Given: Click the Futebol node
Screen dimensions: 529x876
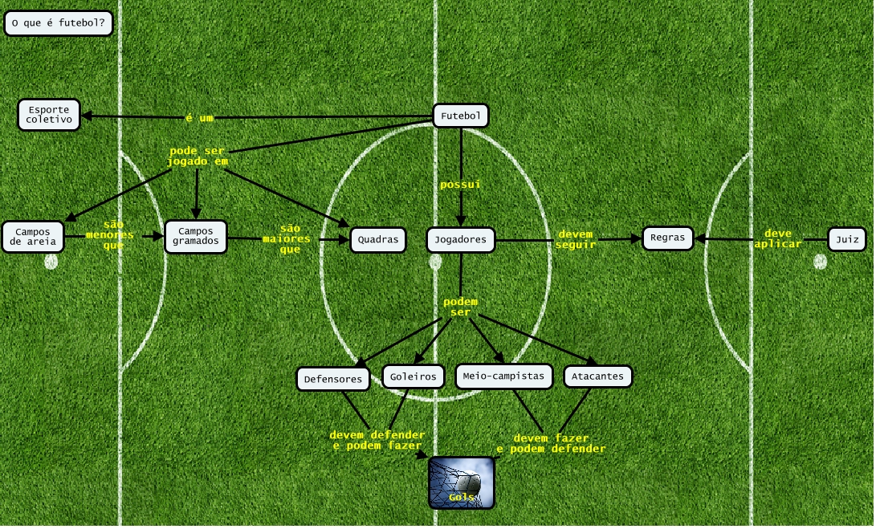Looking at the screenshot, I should click(460, 116).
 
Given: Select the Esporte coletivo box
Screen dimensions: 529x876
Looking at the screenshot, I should click(50, 115).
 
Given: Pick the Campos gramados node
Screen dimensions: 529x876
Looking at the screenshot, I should click(195, 236).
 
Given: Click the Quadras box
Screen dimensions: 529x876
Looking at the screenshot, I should click(378, 239).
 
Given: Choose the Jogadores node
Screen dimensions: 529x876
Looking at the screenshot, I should click(460, 239).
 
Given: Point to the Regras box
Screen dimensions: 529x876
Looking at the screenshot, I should click(667, 238).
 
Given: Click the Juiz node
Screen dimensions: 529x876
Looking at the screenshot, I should click(846, 239).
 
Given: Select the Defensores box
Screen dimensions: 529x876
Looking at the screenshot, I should click(333, 378).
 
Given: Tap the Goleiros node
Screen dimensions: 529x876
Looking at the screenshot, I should click(413, 376).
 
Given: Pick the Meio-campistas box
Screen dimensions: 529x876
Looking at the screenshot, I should click(503, 376).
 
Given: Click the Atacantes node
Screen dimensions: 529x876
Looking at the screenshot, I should click(598, 376).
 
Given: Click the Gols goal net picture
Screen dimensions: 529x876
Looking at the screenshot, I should click(461, 482).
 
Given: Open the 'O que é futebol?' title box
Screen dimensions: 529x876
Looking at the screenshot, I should click(58, 23).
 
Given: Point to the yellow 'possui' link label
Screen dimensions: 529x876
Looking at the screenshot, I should click(460, 185).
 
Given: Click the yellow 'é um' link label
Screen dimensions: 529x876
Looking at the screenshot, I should click(199, 118).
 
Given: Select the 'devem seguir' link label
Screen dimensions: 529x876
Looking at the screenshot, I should click(575, 239).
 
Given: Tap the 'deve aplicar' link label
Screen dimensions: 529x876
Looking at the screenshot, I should click(777, 238).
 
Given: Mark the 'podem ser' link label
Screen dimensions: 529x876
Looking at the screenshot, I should click(460, 307).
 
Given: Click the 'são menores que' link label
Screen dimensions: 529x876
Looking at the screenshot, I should click(113, 235).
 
